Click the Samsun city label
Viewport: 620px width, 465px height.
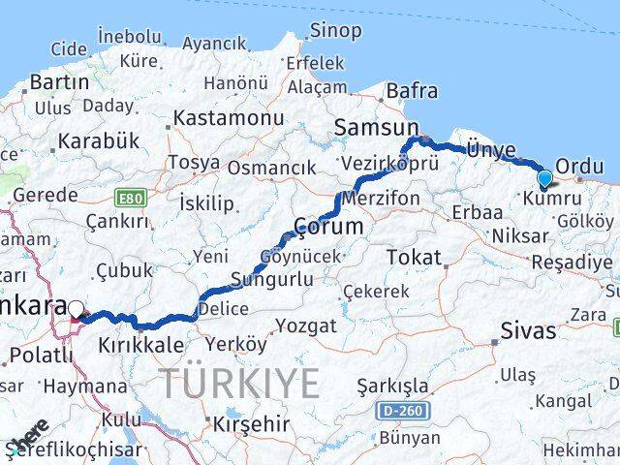click(376, 127)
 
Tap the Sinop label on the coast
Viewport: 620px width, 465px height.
click(335, 30)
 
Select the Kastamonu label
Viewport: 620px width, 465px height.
click(229, 118)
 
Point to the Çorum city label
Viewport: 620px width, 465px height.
click(328, 226)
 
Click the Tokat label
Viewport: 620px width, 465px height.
click(413, 257)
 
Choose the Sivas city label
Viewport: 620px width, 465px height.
click(528, 330)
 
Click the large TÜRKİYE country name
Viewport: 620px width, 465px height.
click(239, 384)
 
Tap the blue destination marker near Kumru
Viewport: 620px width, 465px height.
click(544, 178)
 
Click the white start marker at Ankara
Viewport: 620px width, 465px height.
click(77, 310)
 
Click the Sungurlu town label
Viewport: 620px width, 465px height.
click(271, 280)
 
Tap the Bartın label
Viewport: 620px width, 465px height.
click(59, 81)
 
